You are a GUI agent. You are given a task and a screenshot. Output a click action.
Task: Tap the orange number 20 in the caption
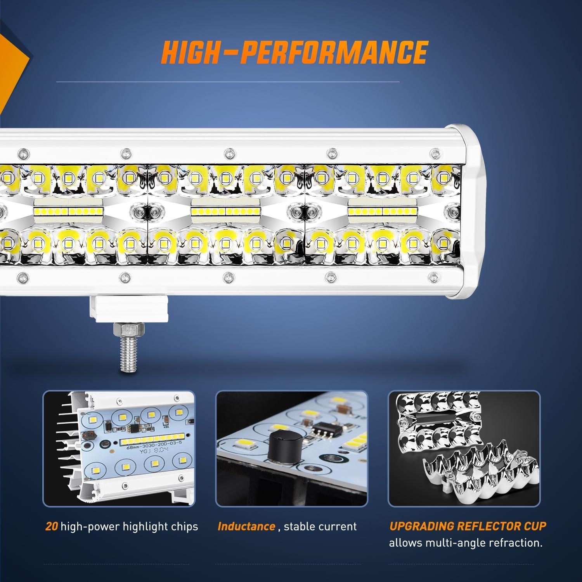click(52, 527)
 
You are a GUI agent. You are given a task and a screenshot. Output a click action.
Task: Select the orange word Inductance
click(246, 527)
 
